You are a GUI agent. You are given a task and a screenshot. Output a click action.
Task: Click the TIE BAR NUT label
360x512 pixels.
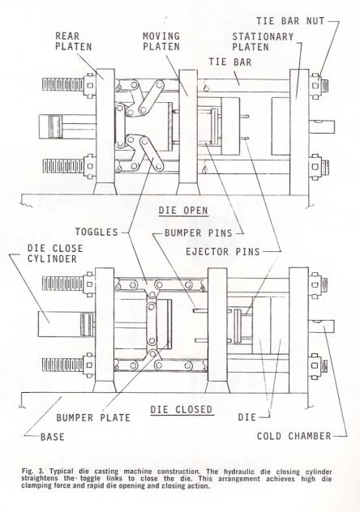290,21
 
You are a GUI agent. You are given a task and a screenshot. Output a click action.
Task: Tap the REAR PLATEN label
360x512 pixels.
73,41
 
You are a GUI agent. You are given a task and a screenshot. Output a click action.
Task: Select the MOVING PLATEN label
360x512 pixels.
161,41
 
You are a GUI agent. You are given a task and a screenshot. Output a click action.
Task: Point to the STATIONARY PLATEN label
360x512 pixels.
263,42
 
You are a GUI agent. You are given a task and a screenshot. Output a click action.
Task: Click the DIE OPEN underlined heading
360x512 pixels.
183,211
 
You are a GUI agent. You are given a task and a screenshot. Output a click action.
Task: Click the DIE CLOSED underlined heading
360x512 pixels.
182,409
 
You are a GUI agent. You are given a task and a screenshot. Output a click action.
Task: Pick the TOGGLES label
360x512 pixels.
96,232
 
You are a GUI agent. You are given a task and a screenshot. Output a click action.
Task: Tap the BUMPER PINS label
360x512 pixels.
199,233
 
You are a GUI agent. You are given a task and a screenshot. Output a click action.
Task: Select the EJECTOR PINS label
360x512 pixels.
223,251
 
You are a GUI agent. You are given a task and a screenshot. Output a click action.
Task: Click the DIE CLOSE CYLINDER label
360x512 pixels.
55,254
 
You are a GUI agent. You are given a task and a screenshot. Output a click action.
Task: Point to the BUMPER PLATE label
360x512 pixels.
93,418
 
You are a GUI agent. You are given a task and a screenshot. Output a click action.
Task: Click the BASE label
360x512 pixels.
52,437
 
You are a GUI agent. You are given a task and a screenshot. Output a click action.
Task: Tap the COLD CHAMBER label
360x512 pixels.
294,436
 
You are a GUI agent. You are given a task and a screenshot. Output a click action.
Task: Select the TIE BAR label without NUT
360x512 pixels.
230,62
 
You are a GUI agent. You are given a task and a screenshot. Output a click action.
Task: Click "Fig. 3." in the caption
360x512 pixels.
32,471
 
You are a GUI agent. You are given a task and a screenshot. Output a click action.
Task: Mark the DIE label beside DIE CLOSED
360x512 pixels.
247,417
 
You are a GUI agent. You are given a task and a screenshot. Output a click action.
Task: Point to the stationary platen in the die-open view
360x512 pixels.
299,132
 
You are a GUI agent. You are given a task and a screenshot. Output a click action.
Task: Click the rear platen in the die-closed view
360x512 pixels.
105,330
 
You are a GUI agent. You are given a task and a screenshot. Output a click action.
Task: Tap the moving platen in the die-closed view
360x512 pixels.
217,330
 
